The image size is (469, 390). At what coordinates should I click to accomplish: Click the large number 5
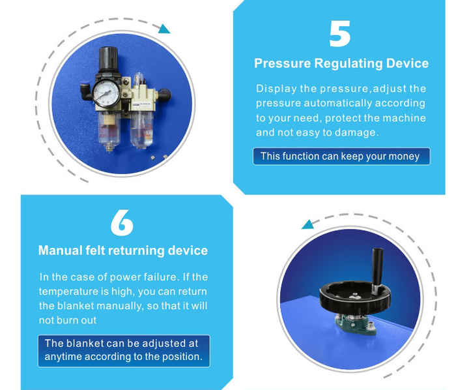(x=339, y=33)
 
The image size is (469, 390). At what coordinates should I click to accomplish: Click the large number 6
(x=122, y=222)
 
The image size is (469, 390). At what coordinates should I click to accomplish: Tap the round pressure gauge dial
(x=106, y=93)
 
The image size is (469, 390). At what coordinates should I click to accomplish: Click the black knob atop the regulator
(x=108, y=59)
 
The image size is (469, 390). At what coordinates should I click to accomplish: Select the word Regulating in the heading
(x=348, y=64)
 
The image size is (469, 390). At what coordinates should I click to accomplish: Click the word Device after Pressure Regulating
(x=407, y=63)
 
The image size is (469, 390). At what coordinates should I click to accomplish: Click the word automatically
(x=337, y=103)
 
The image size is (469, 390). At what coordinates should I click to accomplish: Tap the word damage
(x=356, y=132)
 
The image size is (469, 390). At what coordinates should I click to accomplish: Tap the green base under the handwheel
(x=355, y=323)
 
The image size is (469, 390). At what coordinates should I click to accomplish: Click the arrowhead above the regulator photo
(x=164, y=29)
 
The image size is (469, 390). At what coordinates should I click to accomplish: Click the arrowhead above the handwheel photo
(x=307, y=224)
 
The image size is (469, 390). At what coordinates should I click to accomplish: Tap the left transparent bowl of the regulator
(x=109, y=130)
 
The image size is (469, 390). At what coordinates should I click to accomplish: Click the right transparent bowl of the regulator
(x=141, y=130)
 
